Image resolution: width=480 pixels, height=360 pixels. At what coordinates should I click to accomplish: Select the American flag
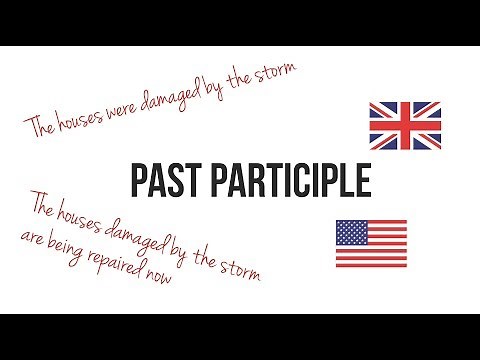click(x=371, y=243)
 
